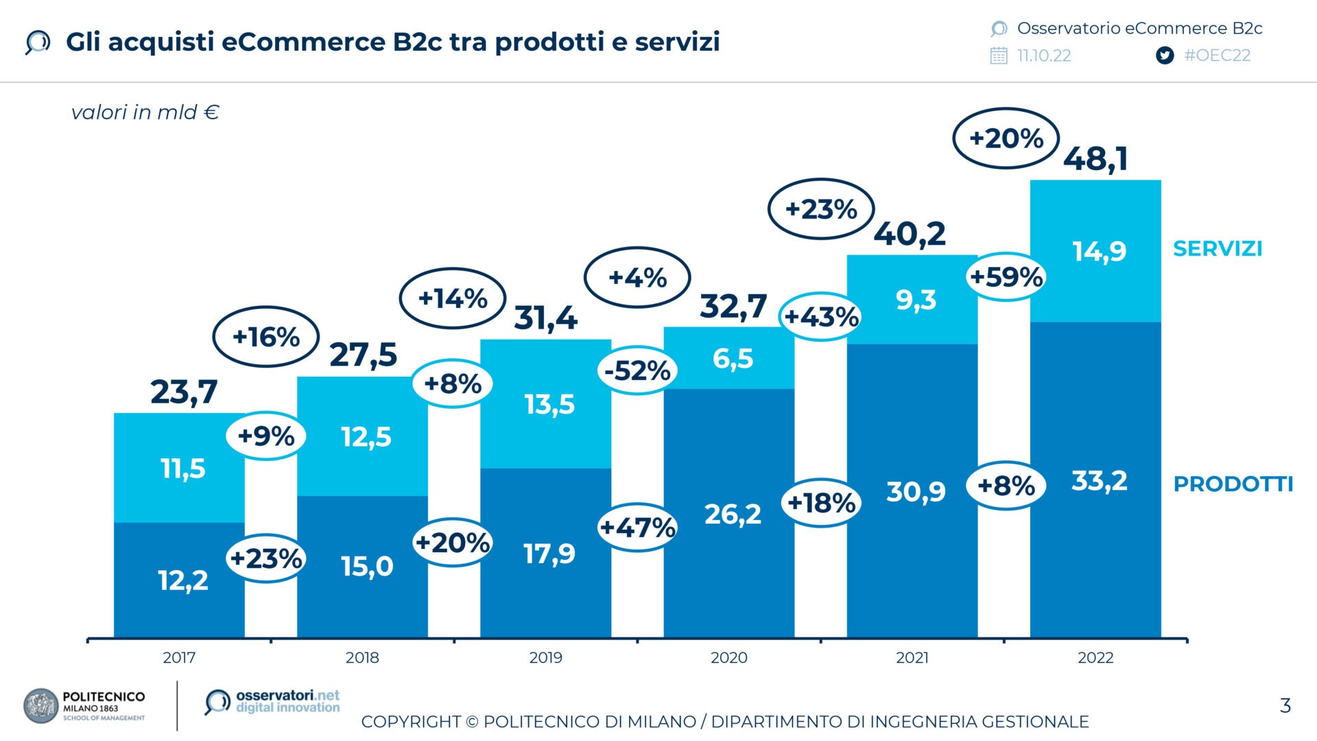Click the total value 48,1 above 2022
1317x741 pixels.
(x=1095, y=159)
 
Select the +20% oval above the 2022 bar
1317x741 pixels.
(x=1006, y=139)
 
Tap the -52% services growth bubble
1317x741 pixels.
(x=637, y=370)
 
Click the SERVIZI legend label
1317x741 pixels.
(x=1217, y=248)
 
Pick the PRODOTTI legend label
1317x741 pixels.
(x=1233, y=484)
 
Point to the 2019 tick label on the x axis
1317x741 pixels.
(x=545, y=657)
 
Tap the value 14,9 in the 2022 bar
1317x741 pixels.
(x=1099, y=251)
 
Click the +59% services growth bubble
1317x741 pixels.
(x=1006, y=277)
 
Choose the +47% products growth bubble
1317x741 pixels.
(x=637, y=528)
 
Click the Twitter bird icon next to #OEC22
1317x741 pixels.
(x=1164, y=56)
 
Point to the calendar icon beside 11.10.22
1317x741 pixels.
(x=999, y=56)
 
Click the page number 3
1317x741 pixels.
(x=1285, y=705)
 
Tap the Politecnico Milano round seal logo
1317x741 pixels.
(x=40, y=706)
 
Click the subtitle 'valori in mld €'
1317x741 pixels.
(x=145, y=112)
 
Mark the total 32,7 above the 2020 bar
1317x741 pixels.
(x=733, y=306)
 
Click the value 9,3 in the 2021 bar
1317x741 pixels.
(x=915, y=300)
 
